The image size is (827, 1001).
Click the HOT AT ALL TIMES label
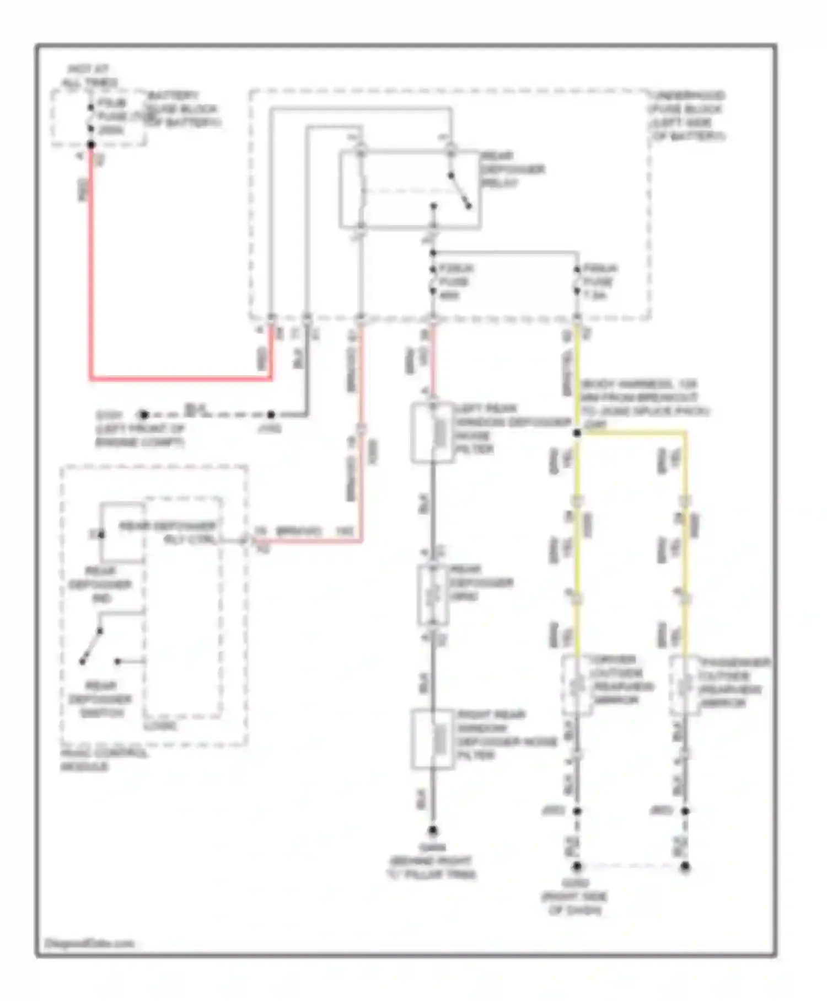coord(89,76)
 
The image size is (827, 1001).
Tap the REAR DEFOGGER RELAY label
coord(513,169)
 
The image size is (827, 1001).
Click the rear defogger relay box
coord(409,189)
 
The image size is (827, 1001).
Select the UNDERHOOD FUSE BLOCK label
coord(686,115)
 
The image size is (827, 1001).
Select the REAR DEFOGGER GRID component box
coord(433,595)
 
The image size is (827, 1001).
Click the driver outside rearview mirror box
coord(577,685)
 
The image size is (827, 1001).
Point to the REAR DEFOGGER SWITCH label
coord(100,699)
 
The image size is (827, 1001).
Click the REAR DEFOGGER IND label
coord(100,584)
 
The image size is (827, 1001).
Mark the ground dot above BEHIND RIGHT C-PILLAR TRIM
coord(433,830)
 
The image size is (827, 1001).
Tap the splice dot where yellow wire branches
coord(577,433)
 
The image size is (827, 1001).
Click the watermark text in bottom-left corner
coord(89,943)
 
